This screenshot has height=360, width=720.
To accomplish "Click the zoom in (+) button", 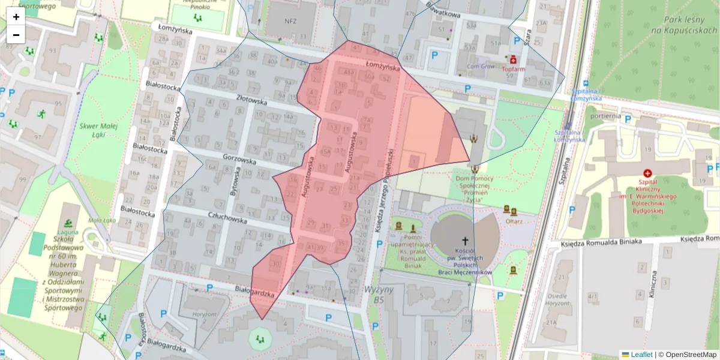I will pos(16,17).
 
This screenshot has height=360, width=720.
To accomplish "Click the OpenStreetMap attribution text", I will pos(691,355).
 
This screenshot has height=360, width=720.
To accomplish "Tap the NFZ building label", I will pos(290,20).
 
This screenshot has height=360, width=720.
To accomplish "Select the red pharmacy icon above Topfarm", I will pos(513,59).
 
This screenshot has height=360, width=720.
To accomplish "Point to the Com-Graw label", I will pos(481,67).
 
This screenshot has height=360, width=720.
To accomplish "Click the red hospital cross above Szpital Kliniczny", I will pos(647,173).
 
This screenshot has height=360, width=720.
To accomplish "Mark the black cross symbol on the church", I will pos(464,239).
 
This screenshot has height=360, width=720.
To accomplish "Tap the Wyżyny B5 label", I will pos(378,294).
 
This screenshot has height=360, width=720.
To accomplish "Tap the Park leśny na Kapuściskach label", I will pos(680,25).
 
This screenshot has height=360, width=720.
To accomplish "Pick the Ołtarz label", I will pos(514,221).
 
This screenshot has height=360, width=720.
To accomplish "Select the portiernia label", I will pos(605,116).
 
